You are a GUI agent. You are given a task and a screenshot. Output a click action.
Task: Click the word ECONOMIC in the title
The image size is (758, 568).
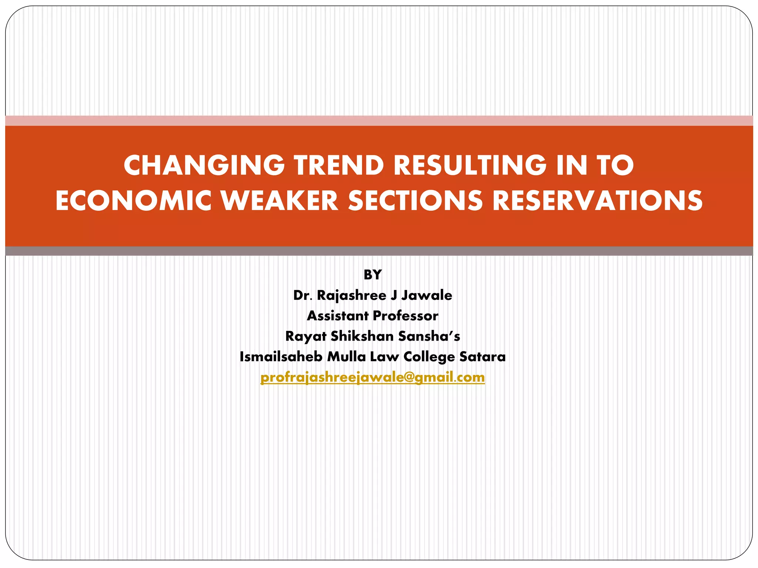(x=133, y=201)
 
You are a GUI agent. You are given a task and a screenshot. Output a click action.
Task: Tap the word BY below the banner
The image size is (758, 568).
(x=372, y=275)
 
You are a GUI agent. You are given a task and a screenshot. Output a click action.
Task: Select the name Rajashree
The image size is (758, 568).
(x=352, y=295)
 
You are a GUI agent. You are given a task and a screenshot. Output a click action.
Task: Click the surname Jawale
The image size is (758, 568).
(x=426, y=295)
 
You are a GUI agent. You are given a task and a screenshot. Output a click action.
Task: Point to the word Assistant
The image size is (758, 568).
(x=338, y=316)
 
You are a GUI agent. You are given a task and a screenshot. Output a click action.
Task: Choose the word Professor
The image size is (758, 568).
(x=406, y=316)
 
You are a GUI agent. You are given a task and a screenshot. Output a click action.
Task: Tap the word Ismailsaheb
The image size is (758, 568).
(x=281, y=357)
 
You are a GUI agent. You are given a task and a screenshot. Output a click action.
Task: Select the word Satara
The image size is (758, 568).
(x=482, y=357)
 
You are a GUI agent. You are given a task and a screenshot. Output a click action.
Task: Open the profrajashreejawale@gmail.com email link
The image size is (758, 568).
(x=372, y=378)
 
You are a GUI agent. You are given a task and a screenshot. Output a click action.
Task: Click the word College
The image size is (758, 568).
(x=429, y=357)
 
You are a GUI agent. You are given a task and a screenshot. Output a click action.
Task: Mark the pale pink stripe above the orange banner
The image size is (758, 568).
(x=379, y=121)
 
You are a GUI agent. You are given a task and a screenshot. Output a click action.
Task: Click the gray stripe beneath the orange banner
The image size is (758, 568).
(x=379, y=251)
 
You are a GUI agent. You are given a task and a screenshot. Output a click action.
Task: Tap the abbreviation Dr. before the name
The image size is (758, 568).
(x=303, y=295)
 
